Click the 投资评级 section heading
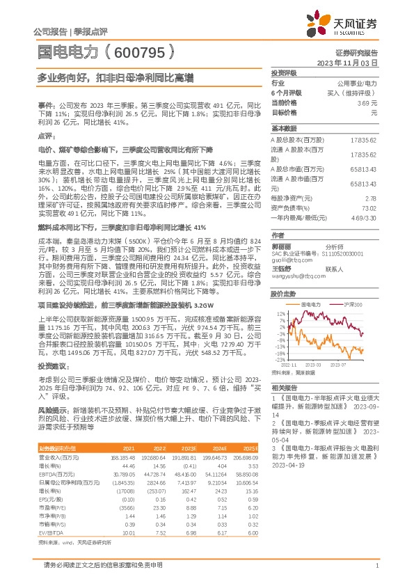(283, 72)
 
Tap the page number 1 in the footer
(376, 567)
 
